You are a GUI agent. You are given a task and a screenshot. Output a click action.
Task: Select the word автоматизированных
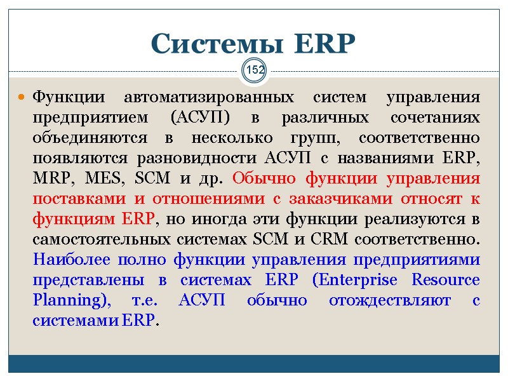point(210,98)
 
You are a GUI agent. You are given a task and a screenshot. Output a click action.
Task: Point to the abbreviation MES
point(97,179)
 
